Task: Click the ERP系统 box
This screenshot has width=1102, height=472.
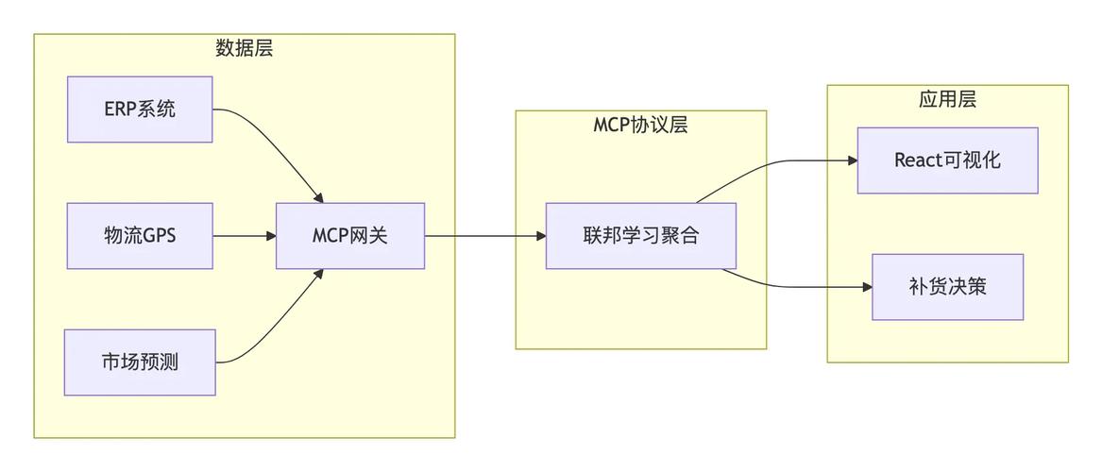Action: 140,110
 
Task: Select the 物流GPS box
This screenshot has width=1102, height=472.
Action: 140,236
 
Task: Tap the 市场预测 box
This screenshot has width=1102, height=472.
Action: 140,362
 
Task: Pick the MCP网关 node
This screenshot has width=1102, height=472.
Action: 350,236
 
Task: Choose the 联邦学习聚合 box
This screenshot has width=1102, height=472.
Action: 640,236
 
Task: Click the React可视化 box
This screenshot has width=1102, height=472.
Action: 947,160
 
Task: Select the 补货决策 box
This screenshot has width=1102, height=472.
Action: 947,287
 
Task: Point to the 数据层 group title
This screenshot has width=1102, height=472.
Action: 245,48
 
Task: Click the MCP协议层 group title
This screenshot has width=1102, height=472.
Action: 640,125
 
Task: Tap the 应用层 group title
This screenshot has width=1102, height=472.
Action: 947,99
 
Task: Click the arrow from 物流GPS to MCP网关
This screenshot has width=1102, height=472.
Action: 244,236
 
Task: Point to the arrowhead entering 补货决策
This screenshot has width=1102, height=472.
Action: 865,287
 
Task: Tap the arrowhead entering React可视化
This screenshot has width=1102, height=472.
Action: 851,160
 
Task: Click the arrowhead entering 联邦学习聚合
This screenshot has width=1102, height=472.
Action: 539,236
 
